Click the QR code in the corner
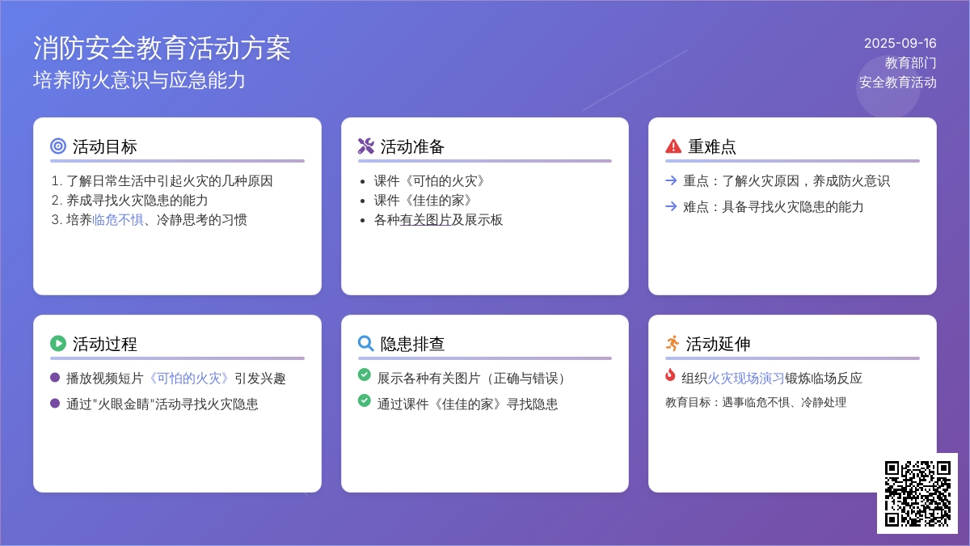tap(917, 493)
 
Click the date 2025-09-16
tap(900, 44)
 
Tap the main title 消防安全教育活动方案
tap(162, 48)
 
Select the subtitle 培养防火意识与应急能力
tap(139, 80)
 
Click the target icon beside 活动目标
tap(58, 146)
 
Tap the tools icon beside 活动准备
tap(366, 146)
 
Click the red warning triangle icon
tap(673, 146)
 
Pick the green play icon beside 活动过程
tap(58, 343)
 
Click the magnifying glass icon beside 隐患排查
tap(366, 343)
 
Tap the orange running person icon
tap(673, 343)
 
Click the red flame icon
tap(670, 375)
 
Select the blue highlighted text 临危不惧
tap(118, 220)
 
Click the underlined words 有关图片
tap(425, 220)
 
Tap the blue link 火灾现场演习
tap(745, 379)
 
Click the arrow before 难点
tap(671, 206)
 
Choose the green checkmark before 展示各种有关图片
tap(365, 375)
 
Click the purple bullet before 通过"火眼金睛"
tap(55, 404)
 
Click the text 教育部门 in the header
tap(911, 63)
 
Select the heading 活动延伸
tap(718, 344)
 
